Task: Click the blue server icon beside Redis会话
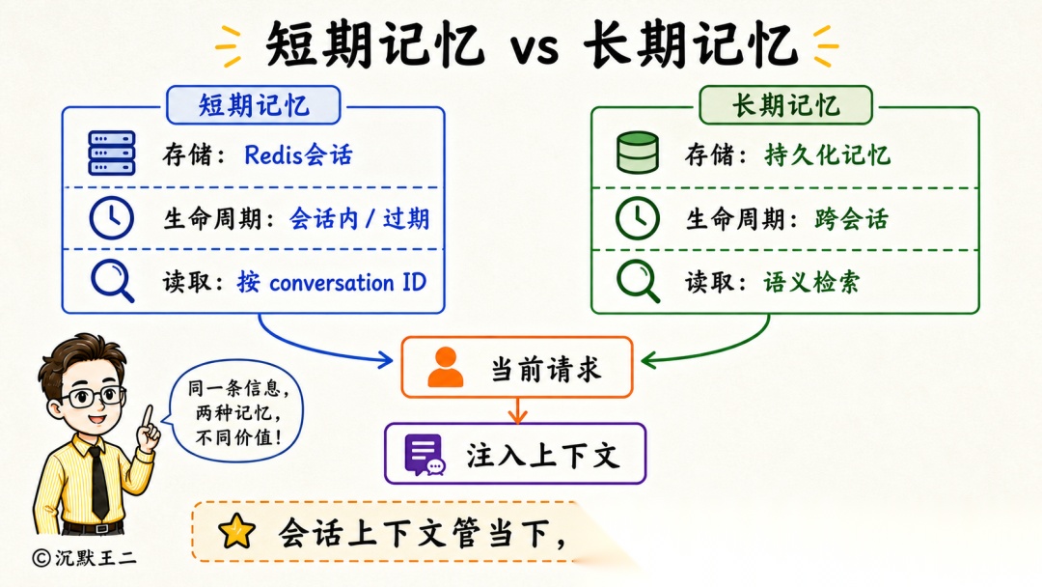pyautogui.click(x=112, y=153)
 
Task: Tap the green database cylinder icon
pyautogui.click(x=638, y=153)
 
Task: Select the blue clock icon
pyautogui.click(x=111, y=218)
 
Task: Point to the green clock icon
pyautogui.click(x=638, y=218)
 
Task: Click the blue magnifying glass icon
pyautogui.click(x=112, y=281)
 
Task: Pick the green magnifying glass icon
pyautogui.click(x=638, y=281)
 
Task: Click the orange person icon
pyautogui.click(x=445, y=367)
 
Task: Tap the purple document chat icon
pyautogui.click(x=425, y=455)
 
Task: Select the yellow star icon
pyautogui.click(x=236, y=531)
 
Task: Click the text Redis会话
pyautogui.click(x=298, y=154)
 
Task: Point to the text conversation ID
pyautogui.click(x=347, y=283)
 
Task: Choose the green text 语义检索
pyautogui.click(x=811, y=282)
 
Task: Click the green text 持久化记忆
pyautogui.click(x=828, y=154)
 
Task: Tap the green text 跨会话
pyautogui.click(x=851, y=219)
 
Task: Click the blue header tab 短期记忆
pyautogui.click(x=253, y=105)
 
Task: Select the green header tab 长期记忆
pyautogui.click(x=785, y=105)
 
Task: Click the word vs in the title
pyautogui.click(x=535, y=48)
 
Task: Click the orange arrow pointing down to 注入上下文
pyautogui.click(x=517, y=410)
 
